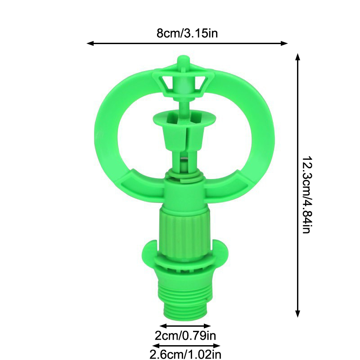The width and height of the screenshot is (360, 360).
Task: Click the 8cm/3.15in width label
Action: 187,33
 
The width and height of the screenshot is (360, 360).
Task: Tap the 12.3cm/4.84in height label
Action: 307,195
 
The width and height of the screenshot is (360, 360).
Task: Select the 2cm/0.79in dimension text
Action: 185,336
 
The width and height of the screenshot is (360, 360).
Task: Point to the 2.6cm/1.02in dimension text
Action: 185,354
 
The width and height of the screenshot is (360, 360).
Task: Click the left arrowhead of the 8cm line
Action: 90,43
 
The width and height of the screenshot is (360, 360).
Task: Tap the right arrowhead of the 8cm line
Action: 284,43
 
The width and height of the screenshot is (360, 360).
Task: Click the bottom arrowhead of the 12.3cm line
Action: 297,314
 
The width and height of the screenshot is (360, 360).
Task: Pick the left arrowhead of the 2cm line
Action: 163,326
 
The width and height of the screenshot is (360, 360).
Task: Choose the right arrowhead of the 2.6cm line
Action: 217,346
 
